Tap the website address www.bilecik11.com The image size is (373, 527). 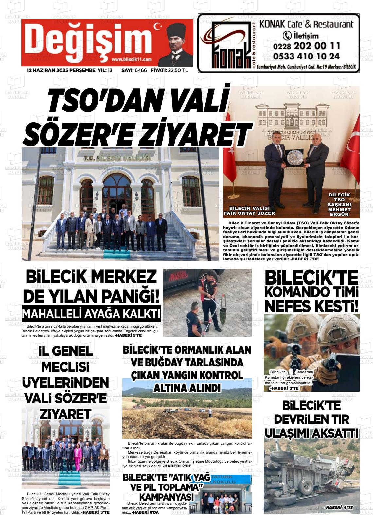pos(131,59)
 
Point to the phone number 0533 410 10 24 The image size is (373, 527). pos(306,56)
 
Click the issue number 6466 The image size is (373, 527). pos(141,70)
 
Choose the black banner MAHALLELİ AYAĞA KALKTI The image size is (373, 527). pos(91,314)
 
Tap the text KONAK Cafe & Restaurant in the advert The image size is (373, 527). pos(306,24)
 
